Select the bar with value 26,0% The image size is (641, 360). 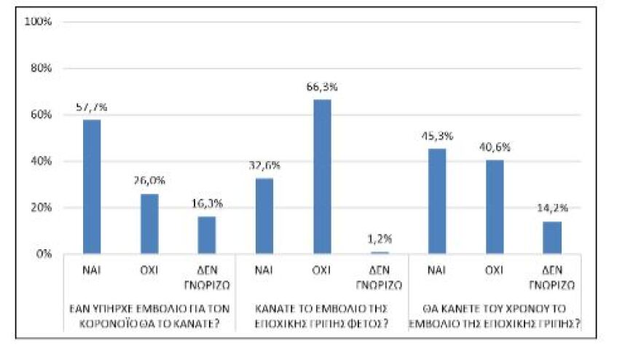149,224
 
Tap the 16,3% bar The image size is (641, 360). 206,235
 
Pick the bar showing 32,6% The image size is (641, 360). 264,216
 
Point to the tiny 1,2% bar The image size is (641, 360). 379,252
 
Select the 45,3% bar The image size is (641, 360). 437,201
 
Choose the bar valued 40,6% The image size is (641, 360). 495,207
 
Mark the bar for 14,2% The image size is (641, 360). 551,238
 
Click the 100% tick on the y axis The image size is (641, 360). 39,22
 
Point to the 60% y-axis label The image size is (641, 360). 41,115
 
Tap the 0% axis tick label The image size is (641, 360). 44,254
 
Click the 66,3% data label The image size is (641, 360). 323,87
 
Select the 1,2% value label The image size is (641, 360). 380,239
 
